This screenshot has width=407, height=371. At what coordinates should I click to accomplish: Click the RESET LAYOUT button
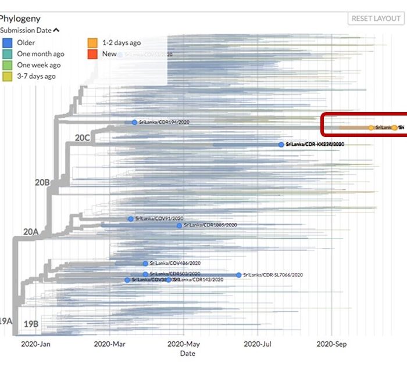(376, 19)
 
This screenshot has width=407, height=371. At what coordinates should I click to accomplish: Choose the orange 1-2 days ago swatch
(92, 42)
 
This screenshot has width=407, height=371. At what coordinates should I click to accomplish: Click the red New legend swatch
(92, 54)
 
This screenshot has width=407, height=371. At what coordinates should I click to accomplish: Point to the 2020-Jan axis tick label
(37, 344)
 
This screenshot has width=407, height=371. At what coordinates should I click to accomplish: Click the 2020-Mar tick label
(110, 344)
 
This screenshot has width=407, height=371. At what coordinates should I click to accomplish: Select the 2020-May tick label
(184, 344)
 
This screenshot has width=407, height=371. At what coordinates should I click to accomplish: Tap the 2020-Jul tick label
(258, 344)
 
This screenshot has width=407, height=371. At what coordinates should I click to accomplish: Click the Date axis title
(188, 353)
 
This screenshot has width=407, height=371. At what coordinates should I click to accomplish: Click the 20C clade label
(83, 138)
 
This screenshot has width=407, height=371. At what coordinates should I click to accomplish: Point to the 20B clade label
(42, 182)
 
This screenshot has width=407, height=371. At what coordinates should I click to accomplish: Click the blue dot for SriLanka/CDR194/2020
(134, 123)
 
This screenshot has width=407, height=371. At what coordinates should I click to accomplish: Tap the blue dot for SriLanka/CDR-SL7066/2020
(238, 275)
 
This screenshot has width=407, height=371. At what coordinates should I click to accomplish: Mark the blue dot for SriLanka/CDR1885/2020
(179, 225)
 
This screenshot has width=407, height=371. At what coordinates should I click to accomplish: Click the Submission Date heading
(28, 30)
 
